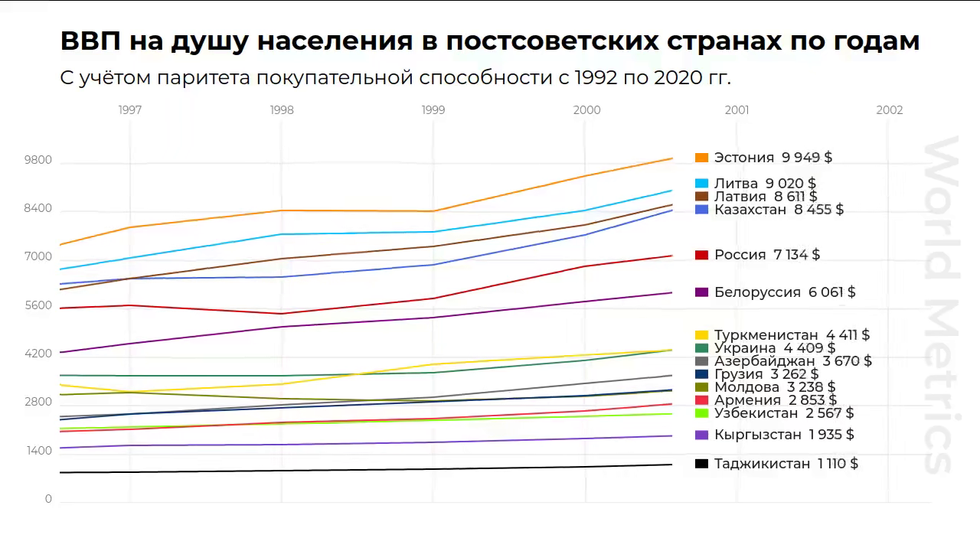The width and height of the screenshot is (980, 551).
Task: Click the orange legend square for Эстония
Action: coord(701,158)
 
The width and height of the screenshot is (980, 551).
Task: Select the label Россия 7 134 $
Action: coord(766,255)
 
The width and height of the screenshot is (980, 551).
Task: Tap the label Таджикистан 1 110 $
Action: coord(786,464)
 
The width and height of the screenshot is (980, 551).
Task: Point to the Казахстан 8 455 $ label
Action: coord(779,210)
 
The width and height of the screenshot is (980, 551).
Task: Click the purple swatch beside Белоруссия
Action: coord(701,292)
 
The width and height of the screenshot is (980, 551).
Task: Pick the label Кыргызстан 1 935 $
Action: coord(784,435)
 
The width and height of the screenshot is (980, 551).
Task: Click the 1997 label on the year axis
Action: coord(130,110)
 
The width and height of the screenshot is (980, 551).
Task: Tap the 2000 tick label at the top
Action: coord(586,110)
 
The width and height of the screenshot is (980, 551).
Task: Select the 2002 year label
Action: coord(890,110)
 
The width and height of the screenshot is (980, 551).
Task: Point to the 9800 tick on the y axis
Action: coord(38,161)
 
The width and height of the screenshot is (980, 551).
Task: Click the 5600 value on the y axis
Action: coord(38,305)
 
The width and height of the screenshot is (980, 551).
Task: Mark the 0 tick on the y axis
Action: coord(48,499)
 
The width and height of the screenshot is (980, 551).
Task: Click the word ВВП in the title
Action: coord(90,41)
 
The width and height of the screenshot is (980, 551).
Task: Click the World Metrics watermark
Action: coord(940,306)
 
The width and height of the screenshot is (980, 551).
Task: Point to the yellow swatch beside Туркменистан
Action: coord(701,335)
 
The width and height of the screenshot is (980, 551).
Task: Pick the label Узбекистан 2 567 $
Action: coord(783,413)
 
